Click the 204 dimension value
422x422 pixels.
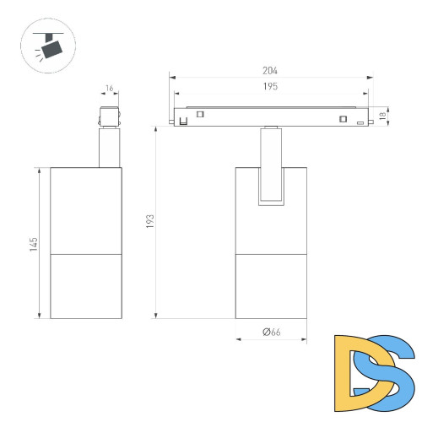pyautogui.click(x=270, y=71)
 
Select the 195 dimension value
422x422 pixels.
pyautogui.click(x=270, y=86)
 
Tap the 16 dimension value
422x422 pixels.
pyautogui.click(x=109, y=89)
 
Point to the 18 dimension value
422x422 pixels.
pyautogui.click(x=382, y=116)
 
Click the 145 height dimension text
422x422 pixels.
pyautogui.click(x=34, y=244)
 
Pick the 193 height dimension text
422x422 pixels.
pyautogui.click(x=150, y=221)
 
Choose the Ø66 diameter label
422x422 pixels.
pyautogui.click(x=272, y=332)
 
